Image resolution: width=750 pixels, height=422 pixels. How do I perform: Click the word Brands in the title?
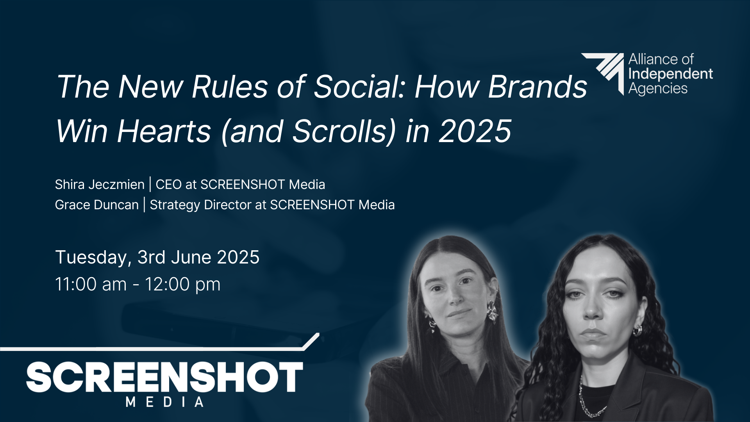point(538,87)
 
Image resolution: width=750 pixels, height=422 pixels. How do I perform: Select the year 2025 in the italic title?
point(475,131)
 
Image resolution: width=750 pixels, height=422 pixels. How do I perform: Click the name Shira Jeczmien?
point(100,184)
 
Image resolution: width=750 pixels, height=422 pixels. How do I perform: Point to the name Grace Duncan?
point(97,205)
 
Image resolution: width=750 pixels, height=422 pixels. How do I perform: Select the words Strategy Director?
point(201,205)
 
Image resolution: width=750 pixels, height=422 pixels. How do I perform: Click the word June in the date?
point(191,257)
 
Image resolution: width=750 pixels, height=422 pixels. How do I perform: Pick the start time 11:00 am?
point(91,284)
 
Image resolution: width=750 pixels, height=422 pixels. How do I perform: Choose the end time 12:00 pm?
point(183,285)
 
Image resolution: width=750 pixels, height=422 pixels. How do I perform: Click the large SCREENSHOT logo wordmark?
point(164,377)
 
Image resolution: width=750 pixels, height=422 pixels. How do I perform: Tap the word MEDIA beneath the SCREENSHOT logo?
point(164,402)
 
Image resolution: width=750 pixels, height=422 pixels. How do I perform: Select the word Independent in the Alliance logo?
point(671,74)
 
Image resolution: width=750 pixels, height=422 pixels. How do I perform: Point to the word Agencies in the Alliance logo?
point(658,89)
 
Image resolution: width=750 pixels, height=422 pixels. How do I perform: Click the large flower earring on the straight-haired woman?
point(492,311)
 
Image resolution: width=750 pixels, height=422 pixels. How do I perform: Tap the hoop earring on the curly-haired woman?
point(637,330)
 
